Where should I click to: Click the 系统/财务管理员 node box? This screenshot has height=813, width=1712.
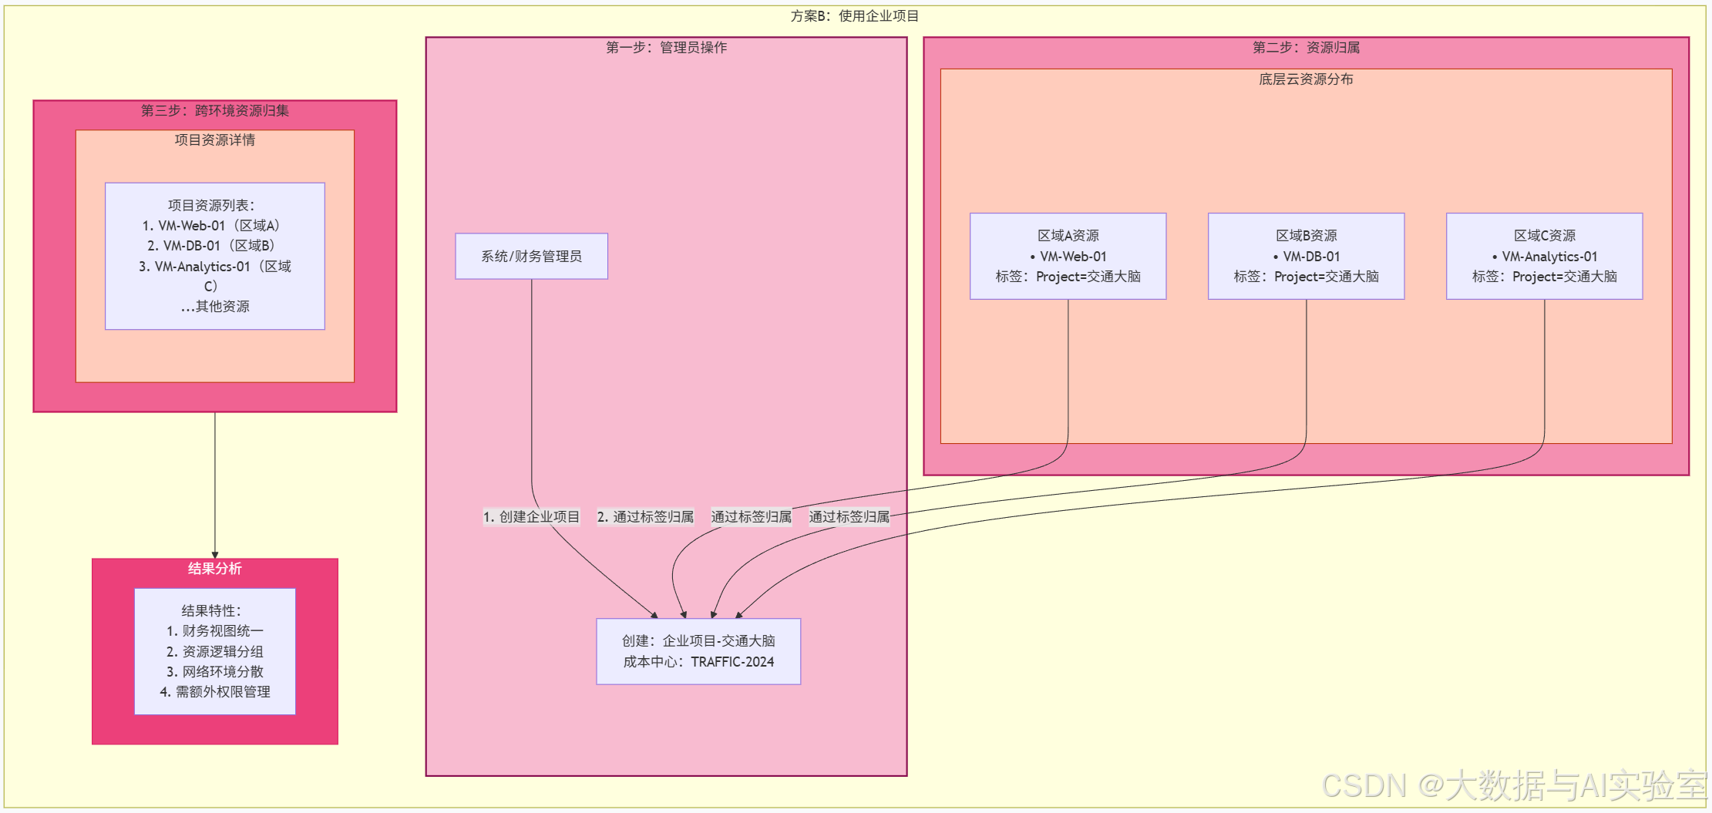[531, 256]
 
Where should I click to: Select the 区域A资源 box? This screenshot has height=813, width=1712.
[1068, 256]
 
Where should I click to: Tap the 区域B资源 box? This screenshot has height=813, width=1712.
[1306, 256]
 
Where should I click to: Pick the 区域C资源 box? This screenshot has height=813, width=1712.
[1544, 256]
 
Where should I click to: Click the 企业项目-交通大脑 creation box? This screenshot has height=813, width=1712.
[698, 651]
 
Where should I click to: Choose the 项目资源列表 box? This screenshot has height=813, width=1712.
[214, 256]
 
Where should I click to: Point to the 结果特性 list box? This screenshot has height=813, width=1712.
[214, 651]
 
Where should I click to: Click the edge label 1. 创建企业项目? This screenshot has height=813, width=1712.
[531, 517]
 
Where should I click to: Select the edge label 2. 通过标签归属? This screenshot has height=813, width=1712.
[645, 517]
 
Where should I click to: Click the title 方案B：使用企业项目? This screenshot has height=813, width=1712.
[854, 16]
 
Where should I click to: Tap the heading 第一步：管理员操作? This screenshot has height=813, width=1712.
[666, 48]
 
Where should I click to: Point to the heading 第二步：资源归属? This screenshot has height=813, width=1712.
[1306, 48]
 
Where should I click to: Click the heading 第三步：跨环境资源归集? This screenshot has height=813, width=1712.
[214, 111]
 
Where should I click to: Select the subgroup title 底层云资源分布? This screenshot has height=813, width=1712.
[1306, 79]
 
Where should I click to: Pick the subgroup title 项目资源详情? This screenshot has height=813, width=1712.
[214, 140]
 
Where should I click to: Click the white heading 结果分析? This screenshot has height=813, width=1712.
[214, 569]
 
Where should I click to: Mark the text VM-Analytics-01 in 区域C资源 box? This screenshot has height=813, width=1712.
[1549, 257]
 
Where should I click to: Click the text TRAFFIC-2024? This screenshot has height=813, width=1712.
[732, 662]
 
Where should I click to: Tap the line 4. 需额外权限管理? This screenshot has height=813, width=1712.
[215, 692]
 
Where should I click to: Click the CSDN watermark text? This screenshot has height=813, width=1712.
[1514, 785]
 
